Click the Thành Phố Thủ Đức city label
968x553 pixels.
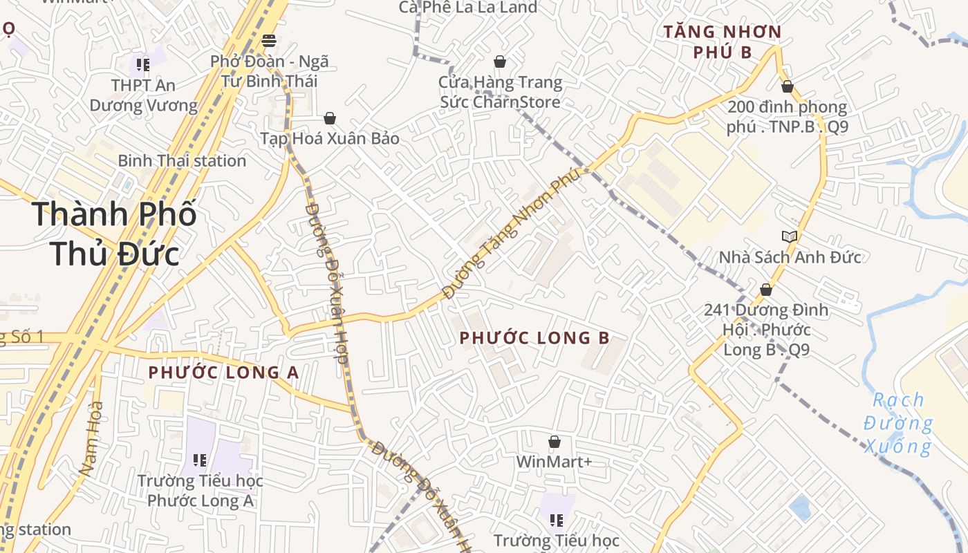pyautogui.click(x=114, y=234)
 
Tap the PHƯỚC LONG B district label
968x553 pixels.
pyautogui.click(x=534, y=338)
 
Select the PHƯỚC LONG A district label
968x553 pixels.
pyautogui.click(x=223, y=373)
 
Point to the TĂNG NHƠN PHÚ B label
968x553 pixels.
pyautogui.click(x=723, y=41)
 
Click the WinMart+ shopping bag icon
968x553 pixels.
pyautogui.click(x=555, y=442)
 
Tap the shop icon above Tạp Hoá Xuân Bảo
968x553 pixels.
pyautogui.click(x=330, y=118)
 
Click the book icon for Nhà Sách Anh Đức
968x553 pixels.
pyautogui.click(x=790, y=236)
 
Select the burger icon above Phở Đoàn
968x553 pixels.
pyautogui.click(x=269, y=41)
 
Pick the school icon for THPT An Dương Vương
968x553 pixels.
pyautogui.click(x=143, y=65)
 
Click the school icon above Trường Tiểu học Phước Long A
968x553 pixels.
pyautogui.click(x=201, y=460)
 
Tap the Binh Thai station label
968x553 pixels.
pyautogui.click(x=182, y=161)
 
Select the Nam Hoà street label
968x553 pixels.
pyautogui.click(x=91, y=438)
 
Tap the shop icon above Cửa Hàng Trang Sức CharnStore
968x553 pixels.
pyautogui.click(x=500, y=62)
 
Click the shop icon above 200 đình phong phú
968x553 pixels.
pyautogui.click(x=787, y=86)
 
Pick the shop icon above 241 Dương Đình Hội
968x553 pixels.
pyautogui.click(x=766, y=290)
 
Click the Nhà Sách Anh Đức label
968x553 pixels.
pyautogui.click(x=790, y=258)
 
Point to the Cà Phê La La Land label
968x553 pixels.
pyautogui.click(x=468, y=8)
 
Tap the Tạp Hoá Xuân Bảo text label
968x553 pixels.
pyautogui.click(x=330, y=138)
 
